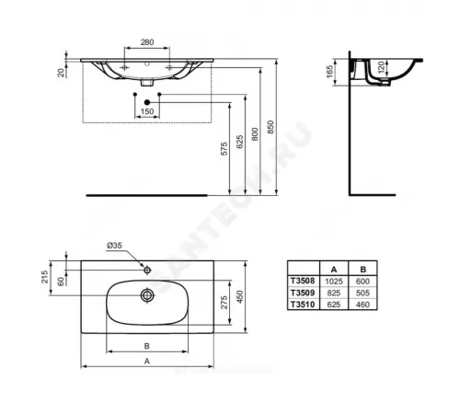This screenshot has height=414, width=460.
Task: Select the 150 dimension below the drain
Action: coord(146,111)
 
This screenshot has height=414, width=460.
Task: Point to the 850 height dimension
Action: coord(270,128)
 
